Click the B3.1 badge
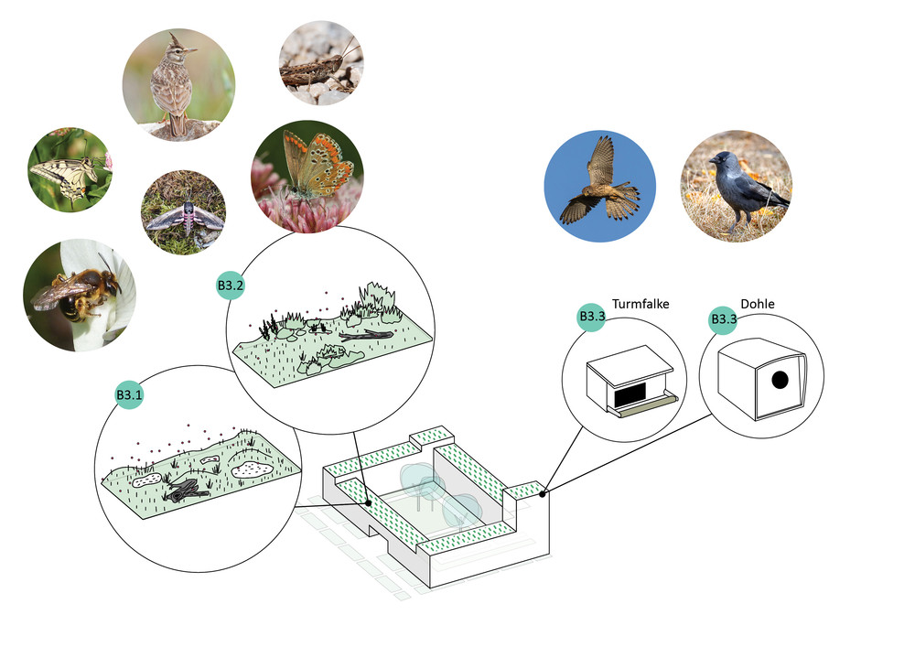pyautogui.click(x=128, y=394)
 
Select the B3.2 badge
pyautogui.click(x=231, y=286)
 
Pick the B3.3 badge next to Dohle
pyautogui.click(x=725, y=319)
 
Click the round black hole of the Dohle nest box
pyautogui.click(x=780, y=379)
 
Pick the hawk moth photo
pyautogui.click(x=183, y=212)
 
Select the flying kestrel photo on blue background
pyautogui.click(x=599, y=182)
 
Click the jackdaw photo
pyautogui.click(x=735, y=187)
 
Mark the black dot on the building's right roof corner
pyautogui.click(x=544, y=494)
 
